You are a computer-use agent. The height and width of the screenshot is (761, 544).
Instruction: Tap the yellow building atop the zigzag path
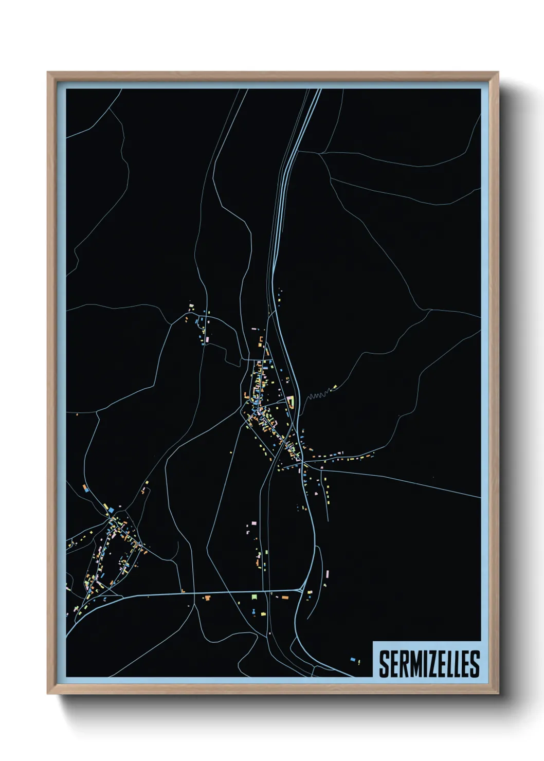335,387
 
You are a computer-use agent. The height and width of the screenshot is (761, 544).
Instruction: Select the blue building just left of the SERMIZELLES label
353,659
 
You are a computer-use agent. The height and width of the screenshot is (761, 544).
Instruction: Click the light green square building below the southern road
253,596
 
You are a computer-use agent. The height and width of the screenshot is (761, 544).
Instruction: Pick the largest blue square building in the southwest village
111,510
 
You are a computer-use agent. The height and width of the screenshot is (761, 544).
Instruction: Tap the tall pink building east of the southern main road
324,574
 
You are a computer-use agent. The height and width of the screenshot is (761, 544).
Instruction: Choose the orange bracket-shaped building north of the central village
261,339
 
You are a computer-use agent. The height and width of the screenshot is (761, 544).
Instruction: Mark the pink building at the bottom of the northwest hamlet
207,340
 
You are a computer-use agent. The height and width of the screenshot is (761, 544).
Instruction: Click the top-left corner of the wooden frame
48,73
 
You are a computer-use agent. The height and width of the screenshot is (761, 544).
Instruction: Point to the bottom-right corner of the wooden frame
498,694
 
